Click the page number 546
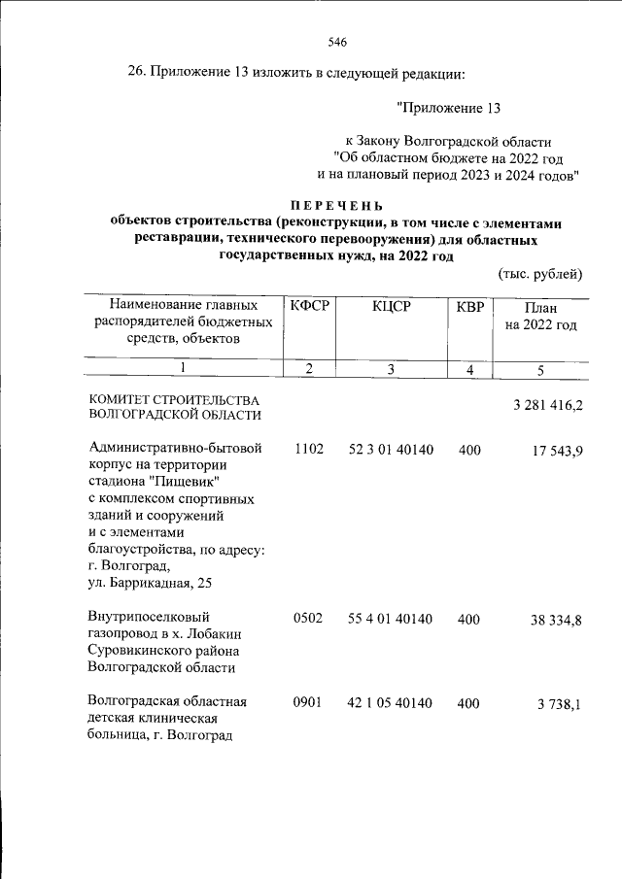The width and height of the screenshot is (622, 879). point(337,42)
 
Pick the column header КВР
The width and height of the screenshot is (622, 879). point(469,307)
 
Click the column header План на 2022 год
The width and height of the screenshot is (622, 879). point(541,316)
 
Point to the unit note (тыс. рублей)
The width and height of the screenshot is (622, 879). point(540,275)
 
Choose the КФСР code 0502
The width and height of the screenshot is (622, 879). point(308,617)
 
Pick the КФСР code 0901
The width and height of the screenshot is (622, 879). point(308,701)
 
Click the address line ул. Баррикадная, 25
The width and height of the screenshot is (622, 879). point(147,583)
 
